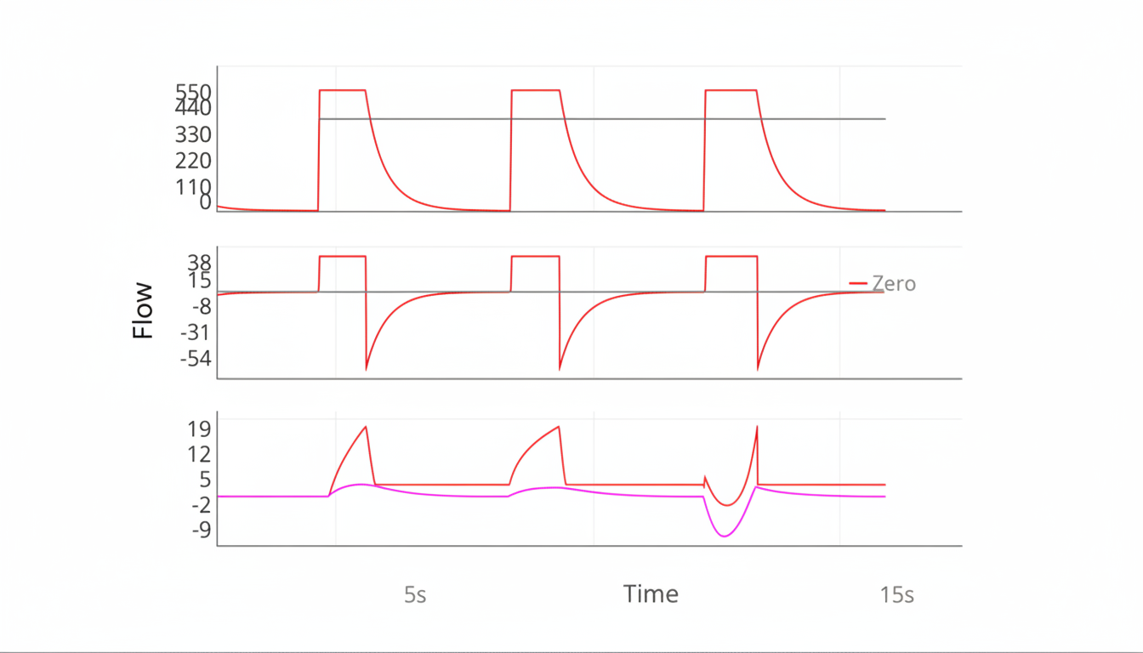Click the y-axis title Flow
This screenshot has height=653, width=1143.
pyautogui.click(x=143, y=310)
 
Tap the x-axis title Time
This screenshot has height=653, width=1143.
pyautogui.click(x=651, y=593)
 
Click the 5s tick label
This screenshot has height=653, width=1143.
pyautogui.click(x=415, y=595)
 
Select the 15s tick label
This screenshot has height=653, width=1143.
pyautogui.click(x=897, y=595)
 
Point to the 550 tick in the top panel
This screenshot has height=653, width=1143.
pyautogui.click(x=194, y=91)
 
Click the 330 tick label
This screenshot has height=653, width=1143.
pyautogui.click(x=194, y=134)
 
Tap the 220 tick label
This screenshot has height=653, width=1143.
pyautogui.click(x=194, y=161)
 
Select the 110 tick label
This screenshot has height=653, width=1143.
pyautogui.click(x=194, y=187)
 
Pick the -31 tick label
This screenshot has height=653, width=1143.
pyautogui.click(x=196, y=332)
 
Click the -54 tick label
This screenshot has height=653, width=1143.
pyautogui.click(x=196, y=358)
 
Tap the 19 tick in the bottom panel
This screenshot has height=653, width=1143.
pyautogui.click(x=199, y=428)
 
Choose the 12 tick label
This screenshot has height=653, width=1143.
pyautogui.click(x=199, y=453)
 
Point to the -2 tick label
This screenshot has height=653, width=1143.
pyautogui.click(x=197, y=504)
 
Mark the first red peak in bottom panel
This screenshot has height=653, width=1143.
pyautogui.click(x=366, y=427)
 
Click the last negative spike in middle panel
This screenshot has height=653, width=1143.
pyautogui.click(x=758, y=369)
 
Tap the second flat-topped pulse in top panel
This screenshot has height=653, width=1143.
pyautogui.click(x=536, y=90)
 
